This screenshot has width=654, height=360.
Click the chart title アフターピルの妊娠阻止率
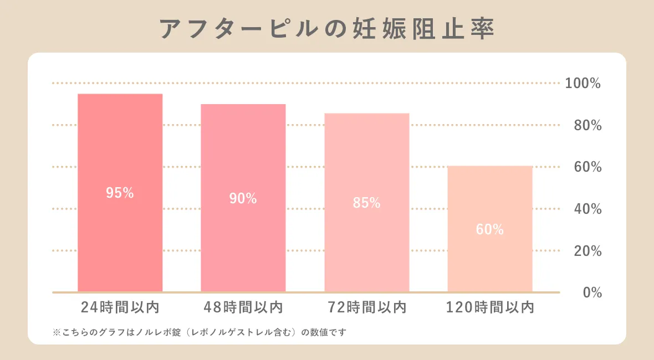tap(327, 29)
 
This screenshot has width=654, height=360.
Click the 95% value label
tap(120, 193)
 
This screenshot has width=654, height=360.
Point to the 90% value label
tap(243, 198)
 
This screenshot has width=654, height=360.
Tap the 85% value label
tap(366, 203)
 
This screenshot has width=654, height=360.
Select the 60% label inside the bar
tap(490, 229)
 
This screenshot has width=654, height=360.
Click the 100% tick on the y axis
tap(583, 84)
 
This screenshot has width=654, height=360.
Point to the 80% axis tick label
tap(586, 126)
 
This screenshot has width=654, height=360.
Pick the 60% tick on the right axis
tap(586, 167)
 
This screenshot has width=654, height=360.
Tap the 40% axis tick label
tap(586, 209)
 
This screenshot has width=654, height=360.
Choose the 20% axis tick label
tap(586, 251)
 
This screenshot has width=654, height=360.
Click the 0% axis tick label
tap(592, 293)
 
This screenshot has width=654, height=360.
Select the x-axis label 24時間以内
tap(120, 307)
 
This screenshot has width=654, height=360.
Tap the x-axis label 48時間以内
tap(243, 307)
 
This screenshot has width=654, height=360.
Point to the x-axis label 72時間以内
tap(366, 307)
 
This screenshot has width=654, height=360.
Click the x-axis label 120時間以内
tap(490, 307)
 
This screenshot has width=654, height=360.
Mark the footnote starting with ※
tap(199, 332)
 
